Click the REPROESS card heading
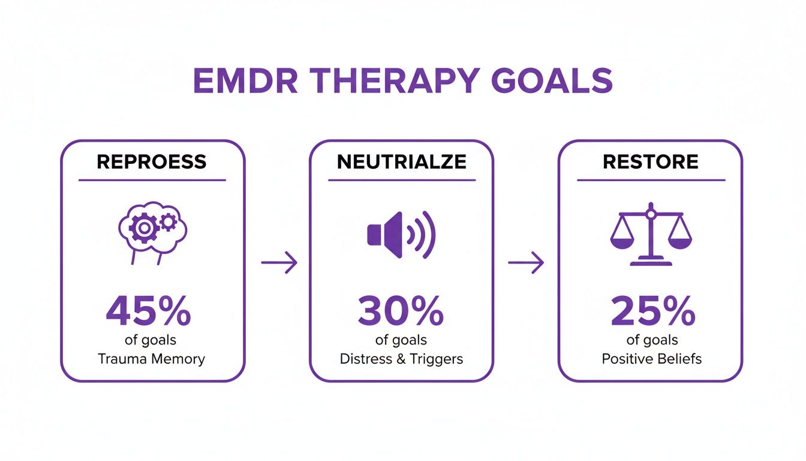tap(152, 162)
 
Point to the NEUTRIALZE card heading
tap(401, 162)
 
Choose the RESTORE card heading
tap(650, 162)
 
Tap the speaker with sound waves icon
tap(401, 235)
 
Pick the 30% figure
tap(401, 312)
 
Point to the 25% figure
tap(652, 312)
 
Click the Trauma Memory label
tap(151, 360)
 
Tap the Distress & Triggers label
tap(401, 360)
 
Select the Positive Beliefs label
tap(652, 360)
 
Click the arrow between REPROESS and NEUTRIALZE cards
tap(279, 263)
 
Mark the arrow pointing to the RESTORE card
tap(526, 263)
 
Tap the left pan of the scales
tap(621, 241)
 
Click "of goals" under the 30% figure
tap(401, 340)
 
